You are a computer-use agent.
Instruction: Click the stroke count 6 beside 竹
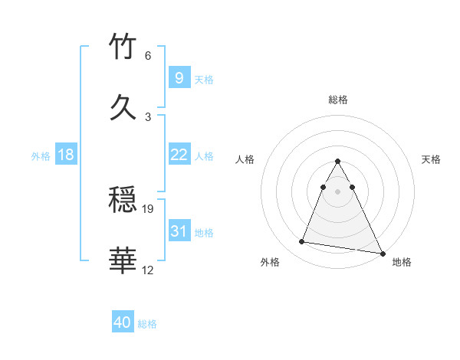(x=148, y=56)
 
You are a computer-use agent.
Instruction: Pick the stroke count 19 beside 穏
(x=149, y=208)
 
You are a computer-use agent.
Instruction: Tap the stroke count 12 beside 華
(x=148, y=270)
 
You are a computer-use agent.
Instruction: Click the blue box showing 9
(x=179, y=77)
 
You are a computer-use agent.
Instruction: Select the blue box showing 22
(x=179, y=155)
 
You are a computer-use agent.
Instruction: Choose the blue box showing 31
(x=179, y=231)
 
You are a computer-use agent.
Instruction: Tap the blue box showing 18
(x=66, y=155)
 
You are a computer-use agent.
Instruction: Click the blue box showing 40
(x=123, y=322)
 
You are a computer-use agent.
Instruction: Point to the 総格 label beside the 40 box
(x=147, y=324)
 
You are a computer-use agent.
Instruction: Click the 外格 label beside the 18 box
(x=41, y=156)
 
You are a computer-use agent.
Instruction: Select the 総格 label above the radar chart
(x=338, y=100)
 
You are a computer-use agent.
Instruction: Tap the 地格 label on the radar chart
(x=402, y=262)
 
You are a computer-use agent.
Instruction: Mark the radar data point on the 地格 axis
(x=382, y=254)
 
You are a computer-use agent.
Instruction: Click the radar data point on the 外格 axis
(x=301, y=242)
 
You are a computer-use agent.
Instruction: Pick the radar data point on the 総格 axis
(x=338, y=162)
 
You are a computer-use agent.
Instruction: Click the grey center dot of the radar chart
(x=338, y=191)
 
